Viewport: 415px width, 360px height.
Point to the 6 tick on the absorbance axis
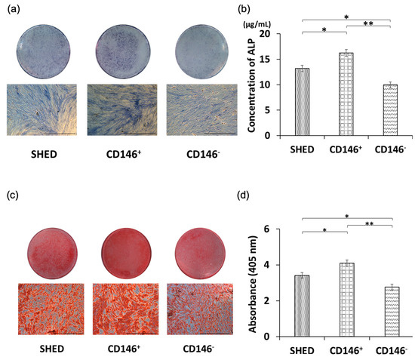tap(278, 229)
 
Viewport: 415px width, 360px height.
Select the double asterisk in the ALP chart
tap(368, 23)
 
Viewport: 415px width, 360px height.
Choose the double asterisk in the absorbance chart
tap(368, 224)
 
